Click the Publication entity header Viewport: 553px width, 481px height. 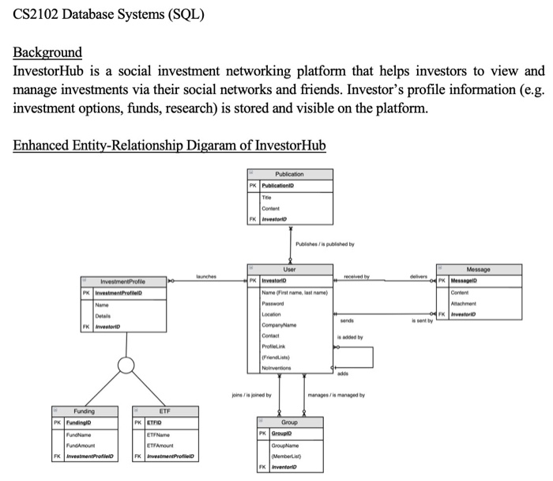(289, 173)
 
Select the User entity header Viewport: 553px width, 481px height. (290, 269)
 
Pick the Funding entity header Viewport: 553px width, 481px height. (84, 412)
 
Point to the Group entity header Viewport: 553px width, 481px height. (289, 423)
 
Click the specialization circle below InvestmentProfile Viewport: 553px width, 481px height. (123, 365)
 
